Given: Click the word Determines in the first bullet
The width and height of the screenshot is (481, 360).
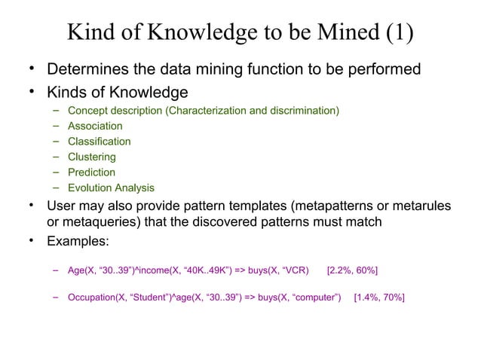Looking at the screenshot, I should [x=85, y=71].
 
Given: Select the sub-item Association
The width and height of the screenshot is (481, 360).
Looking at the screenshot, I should [x=95, y=127].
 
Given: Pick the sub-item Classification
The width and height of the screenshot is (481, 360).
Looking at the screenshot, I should [x=99, y=142].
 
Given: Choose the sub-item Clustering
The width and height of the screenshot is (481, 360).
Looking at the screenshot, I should [x=92, y=157].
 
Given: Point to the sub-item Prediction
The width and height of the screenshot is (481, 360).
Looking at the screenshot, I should [x=91, y=172].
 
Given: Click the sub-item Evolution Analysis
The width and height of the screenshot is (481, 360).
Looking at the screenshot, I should [x=111, y=188].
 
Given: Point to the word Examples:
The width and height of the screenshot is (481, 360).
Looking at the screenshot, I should [x=78, y=242].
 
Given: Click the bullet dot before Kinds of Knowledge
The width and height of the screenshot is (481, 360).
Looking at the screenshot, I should [x=32, y=92].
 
